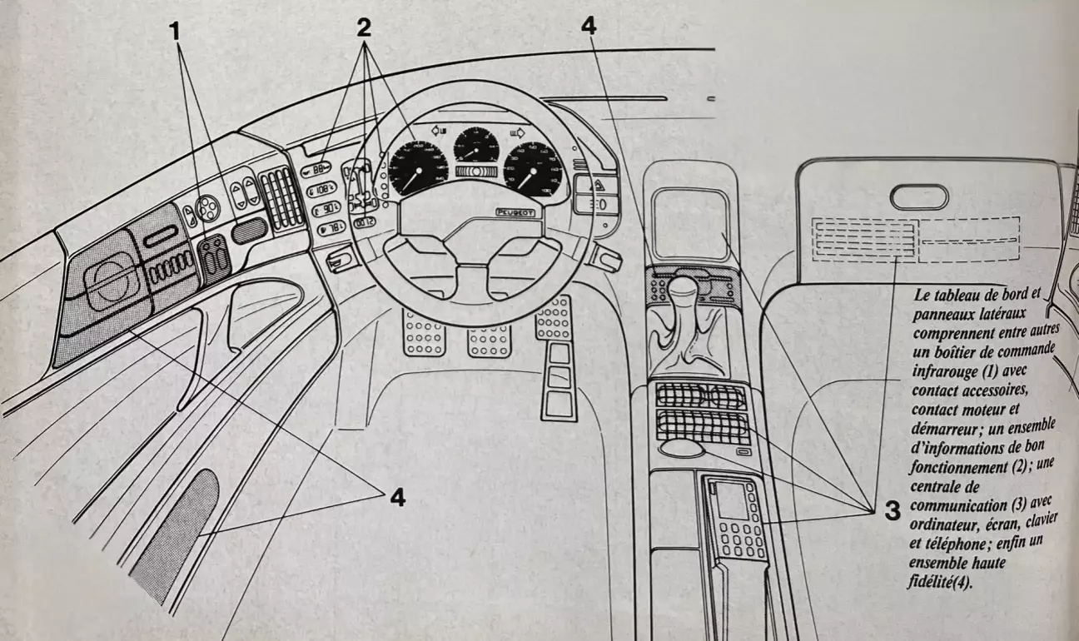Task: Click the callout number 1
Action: (174, 31)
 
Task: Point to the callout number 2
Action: (363, 27)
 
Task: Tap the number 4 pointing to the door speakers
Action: (396, 497)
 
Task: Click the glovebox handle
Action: (918, 197)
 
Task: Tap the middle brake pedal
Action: (489, 339)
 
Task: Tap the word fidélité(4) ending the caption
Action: (937, 581)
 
